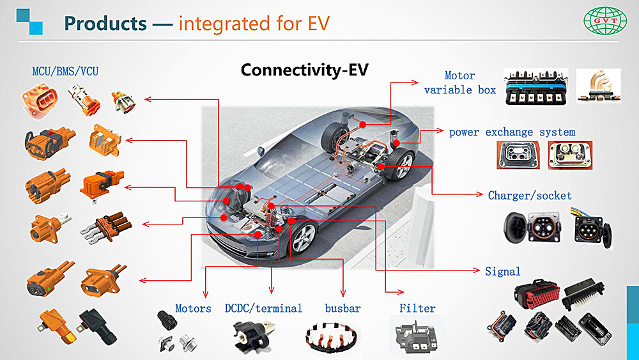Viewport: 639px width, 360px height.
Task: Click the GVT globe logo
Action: [x=604, y=20]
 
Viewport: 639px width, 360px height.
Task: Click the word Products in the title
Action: [x=105, y=23]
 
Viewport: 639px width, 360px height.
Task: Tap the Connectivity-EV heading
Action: [x=304, y=70]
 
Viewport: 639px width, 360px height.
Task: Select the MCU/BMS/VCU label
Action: [x=65, y=72]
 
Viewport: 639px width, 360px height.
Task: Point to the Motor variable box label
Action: [x=459, y=82]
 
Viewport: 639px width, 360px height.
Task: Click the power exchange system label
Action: [x=512, y=132]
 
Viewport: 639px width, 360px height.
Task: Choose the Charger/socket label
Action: [x=530, y=195]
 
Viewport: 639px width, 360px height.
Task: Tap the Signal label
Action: [x=502, y=271]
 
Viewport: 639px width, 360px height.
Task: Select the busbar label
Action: [x=343, y=308]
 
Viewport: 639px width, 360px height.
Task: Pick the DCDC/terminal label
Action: [x=263, y=308]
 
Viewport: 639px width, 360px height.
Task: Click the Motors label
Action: [x=193, y=308]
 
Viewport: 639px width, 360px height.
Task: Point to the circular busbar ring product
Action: [x=331, y=337]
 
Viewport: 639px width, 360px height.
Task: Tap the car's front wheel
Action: [x=304, y=238]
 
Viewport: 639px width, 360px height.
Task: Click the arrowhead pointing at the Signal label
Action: [x=477, y=270]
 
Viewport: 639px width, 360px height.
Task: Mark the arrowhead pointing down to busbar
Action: [x=343, y=293]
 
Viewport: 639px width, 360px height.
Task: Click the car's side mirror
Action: [x=261, y=152]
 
